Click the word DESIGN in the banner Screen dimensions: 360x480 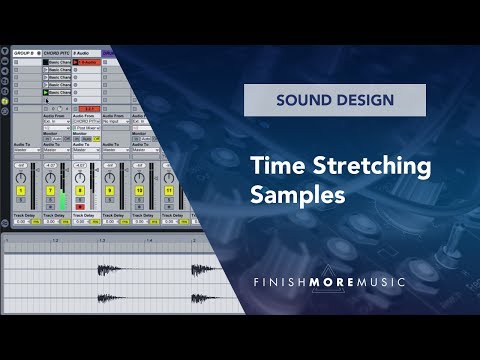(365, 100)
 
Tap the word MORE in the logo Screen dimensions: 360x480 (337, 283)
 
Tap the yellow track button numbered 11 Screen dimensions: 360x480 (169, 190)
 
